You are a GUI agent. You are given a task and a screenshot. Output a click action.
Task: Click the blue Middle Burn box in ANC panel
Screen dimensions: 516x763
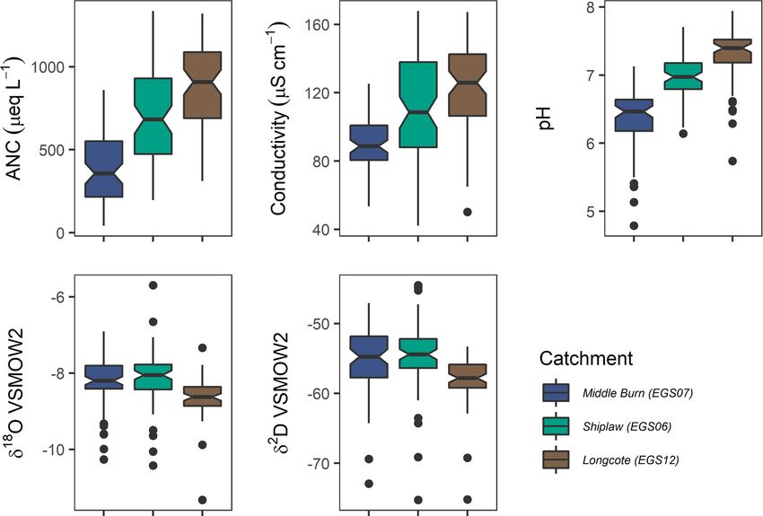[x=103, y=169]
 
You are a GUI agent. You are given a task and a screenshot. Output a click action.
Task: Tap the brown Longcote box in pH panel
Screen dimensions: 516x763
[x=732, y=51]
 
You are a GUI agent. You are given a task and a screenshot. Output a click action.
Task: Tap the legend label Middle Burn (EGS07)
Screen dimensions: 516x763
[x=636, y=392]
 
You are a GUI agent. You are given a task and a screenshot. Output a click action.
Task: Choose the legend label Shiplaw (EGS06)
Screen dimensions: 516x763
[x=626, y=426]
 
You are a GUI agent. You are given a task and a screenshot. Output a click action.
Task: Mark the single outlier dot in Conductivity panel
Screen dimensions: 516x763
[x=467, y=212]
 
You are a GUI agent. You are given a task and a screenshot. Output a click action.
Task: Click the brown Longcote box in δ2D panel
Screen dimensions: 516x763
[x=467, y=376]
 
